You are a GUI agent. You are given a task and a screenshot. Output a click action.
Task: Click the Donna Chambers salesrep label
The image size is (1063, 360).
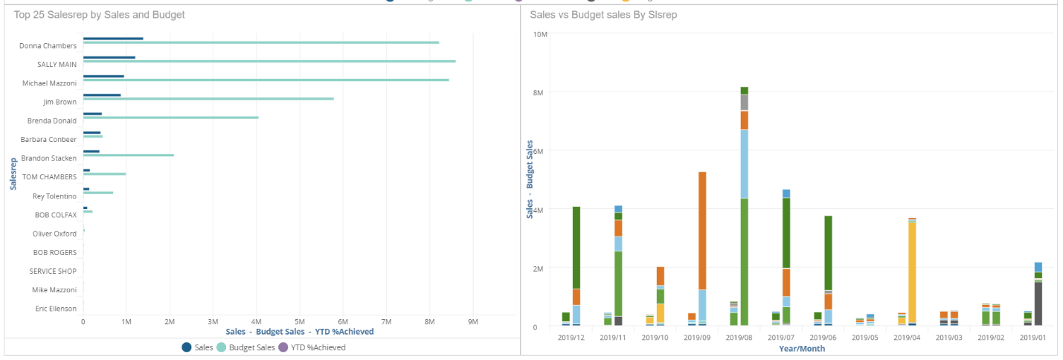click(48, 45)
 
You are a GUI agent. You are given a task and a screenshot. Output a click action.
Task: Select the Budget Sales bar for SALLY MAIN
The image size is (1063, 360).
click(269, 61)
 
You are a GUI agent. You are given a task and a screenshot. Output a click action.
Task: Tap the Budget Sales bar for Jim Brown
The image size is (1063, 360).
click(208, 98)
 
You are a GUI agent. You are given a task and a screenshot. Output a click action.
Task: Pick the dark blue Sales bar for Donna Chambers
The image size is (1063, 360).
click(112, 39)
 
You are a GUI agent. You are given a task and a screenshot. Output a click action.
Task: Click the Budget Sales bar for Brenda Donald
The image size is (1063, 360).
click(170, 118)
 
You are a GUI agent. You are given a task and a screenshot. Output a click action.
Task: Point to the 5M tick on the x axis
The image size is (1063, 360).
click(299, 322)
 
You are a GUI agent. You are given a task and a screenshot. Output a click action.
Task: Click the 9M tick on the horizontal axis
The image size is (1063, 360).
click(472, 322)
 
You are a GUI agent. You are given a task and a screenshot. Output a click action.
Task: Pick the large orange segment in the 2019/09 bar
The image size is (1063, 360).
click(702, 231)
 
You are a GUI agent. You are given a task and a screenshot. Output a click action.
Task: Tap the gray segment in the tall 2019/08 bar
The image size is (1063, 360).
click(744, 103)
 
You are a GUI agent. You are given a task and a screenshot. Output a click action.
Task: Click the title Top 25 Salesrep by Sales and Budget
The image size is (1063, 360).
click(100, 14)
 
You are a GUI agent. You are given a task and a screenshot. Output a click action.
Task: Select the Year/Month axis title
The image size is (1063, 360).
click(802, 348)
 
